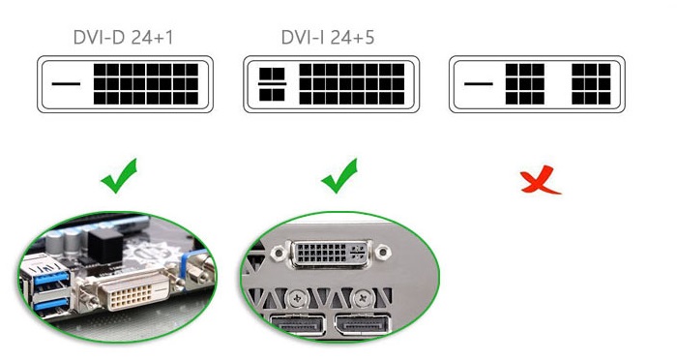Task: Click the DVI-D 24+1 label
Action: click(x=124, y=38)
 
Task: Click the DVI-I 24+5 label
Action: click(x=328, y=38)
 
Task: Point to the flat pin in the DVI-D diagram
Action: click(x=66, y=84)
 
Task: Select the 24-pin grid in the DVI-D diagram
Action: click(x=146, y=84)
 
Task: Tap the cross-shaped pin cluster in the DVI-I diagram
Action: click(x=272, y=84)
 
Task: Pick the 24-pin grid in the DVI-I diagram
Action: click(x=352, y=84)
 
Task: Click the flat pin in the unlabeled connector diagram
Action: click(x=479, y=84)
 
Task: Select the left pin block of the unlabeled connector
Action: click(x=525, y=84)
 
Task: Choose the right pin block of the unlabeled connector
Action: click(x=592, y=84)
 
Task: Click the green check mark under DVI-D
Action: click(x=119, y=177)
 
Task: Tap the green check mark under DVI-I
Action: click(x=339, y=177)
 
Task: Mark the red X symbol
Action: click(x=540, y=180)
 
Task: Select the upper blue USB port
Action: click(x=51, y=277)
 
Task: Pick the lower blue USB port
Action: click(x=52, y=304)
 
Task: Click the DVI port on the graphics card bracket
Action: click(x=331, y=253)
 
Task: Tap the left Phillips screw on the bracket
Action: click(x=297, y=298)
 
